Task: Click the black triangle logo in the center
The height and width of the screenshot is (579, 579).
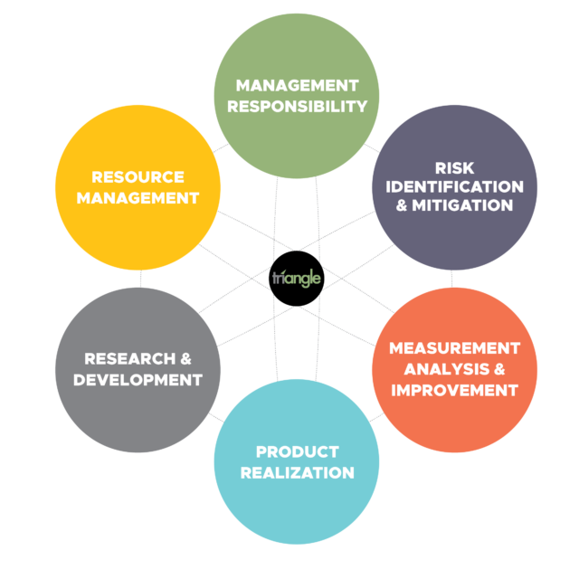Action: (x=297, y=279)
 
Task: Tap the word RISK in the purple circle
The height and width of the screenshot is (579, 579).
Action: (x=454, y=168)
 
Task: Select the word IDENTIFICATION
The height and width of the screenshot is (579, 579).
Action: (x=454, y=187)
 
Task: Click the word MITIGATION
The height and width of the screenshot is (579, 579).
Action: (x=462, y=205)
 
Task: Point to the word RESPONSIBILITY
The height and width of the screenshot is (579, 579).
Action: (x=298, y=107)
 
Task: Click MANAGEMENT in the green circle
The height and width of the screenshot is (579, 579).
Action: (x=298, y=86)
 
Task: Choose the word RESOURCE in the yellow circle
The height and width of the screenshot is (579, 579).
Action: (x=138, y=177)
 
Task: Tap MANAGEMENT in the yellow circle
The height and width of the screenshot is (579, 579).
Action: (x=138, y=198)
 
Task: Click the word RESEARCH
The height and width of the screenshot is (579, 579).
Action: (x=129, y=359)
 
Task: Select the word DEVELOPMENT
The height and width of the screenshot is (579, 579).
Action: (x=138, y=380)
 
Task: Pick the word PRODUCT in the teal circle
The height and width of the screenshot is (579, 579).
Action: (x=298, y=452)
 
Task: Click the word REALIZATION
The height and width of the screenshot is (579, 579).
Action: (x=298, y=473)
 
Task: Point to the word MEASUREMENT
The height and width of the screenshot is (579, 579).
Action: (x=454, y=348)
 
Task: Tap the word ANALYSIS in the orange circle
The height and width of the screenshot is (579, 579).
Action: (x=446, y=369)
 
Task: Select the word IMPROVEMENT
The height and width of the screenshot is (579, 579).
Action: (x=454, y=390)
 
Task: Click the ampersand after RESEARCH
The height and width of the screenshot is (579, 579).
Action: (x=185, y=359)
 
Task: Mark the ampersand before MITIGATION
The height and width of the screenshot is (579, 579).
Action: (x=402, y=205)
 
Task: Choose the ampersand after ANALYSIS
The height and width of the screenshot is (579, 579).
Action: (x=499, y=369)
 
